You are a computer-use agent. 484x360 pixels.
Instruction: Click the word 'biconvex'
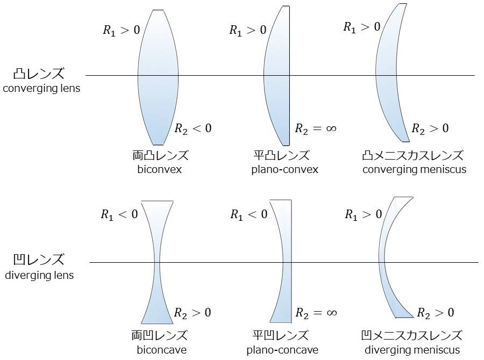pyautogui.click(x=159, y=170)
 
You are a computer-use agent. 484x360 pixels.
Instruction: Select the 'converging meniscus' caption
pyautogui.click(x=414, y=170)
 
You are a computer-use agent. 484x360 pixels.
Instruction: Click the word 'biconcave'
pyautogui.click(x=161, y=350)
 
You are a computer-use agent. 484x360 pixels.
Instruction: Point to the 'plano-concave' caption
pyautogui.click(x=282, y=350)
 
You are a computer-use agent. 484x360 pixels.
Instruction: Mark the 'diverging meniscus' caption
pyautogui.click(x=413, y=350)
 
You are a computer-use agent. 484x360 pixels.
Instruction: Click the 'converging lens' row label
pyautogui.click(x=41, y=88)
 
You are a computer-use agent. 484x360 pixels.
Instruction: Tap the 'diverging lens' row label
pyautogui.click(x=39, y=276)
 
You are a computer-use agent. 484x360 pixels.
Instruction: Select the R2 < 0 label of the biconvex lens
pyautogui.click(x=193, y=128)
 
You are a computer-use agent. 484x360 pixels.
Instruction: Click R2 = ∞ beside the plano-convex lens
pyautogui.click(x=316, y=128)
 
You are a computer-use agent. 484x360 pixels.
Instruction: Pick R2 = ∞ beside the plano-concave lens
pyautogui.click(x=316, y=313)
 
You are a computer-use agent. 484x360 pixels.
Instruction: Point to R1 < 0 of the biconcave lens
pyautogui.click(x=119, y=215)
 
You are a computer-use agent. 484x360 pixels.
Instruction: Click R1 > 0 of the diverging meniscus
pyautogui.click(x=364, y=215)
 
